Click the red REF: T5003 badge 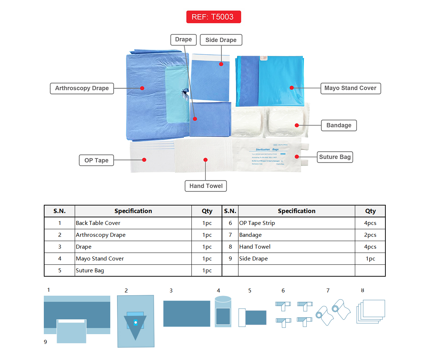coord(213,17)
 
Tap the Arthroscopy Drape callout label coord(82,88)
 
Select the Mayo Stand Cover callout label coord(350,88)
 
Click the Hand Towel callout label coord(206,186)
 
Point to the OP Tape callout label coord(96,160)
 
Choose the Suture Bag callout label coord(335,157)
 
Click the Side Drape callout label coord(221,40)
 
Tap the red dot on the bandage coord(297,125)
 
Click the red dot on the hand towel coord(205,160)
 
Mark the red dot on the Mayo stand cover coord(292,88)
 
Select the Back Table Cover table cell coord(133,223)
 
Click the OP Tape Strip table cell coord(296,223)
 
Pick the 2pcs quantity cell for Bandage coord(370,235)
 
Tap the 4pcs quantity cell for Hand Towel coord(370,247)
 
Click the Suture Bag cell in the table coord(133,271)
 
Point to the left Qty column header coord(207,211)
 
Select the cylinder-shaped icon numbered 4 coord(223,311)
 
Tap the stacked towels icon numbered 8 coord(371,311)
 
